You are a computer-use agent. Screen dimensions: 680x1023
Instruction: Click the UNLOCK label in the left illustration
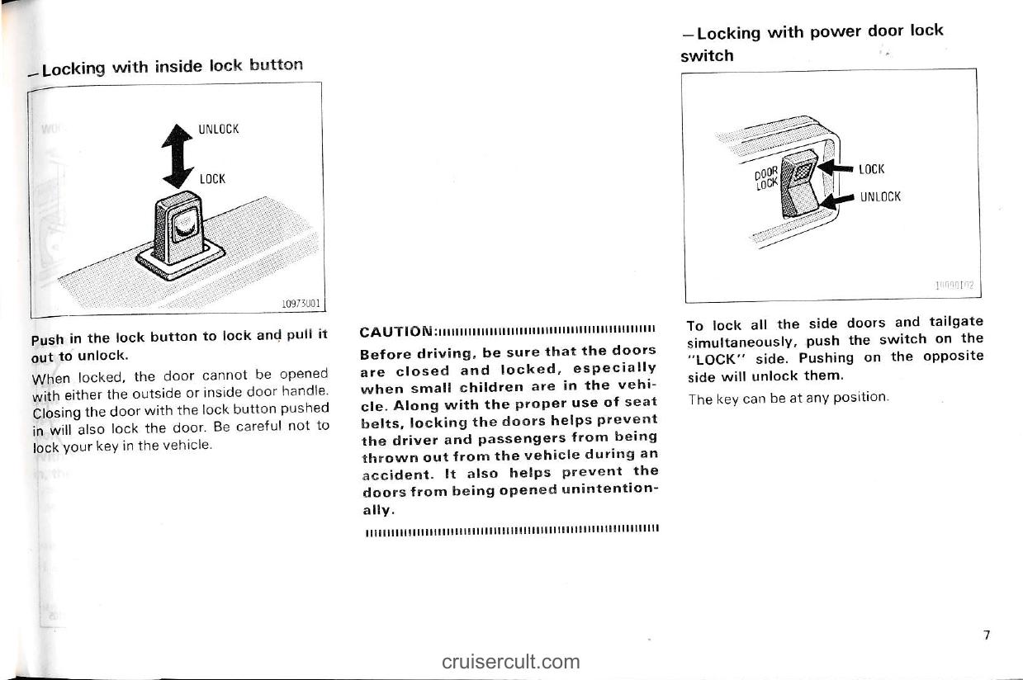(x=218, y=130)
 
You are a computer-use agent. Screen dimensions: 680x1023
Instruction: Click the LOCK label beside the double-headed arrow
(x=212, y=178)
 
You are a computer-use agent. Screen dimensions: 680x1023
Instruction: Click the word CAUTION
(x=395, y=333)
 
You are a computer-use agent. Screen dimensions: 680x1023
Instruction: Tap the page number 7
(x=986, y=635)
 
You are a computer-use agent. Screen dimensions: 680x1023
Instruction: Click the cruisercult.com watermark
(x=510, y=661)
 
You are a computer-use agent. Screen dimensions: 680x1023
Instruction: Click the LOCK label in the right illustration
(x=871, y=169)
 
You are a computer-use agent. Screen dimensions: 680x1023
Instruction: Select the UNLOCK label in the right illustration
(x=880, y=196)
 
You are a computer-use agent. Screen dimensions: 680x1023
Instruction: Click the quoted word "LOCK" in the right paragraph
(x=713, y=358)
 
